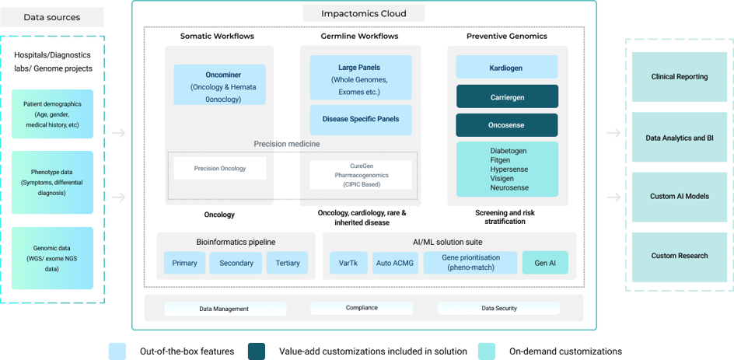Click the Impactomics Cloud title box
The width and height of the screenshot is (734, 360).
pos(363,14)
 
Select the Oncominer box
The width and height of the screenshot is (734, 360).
pos(219,84)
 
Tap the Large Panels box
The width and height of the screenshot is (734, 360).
pos(359,78)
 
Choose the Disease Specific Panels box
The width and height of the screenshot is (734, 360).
pos(359,120)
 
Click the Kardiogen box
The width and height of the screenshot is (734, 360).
pos(506,68)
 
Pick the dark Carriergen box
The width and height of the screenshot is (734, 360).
pos(506,96)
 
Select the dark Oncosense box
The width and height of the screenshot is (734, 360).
pos(506,125)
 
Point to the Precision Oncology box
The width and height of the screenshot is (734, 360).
pos(219,167)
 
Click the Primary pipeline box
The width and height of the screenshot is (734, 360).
pos(184,263)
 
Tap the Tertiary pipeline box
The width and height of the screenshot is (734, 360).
pos(287,263)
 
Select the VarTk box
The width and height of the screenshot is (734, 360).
pos(348,263)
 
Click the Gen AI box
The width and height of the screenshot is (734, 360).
pos(544,263)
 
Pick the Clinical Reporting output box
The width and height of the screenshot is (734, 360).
pos(679,77)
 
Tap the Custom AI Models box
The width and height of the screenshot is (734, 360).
pos(679,196)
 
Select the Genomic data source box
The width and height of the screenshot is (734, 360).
pos(53,257)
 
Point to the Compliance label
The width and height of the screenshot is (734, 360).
pos(362,308)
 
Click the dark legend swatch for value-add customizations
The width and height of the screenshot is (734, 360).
pos(257,351)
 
